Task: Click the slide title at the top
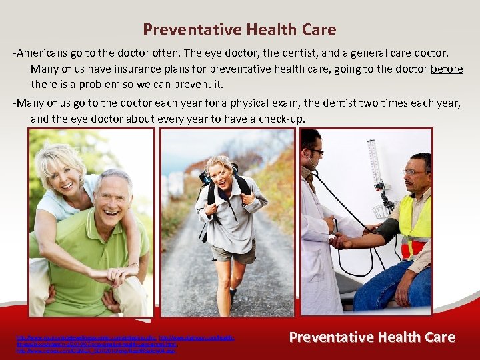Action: [239, 30]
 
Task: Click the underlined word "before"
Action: [447, 69]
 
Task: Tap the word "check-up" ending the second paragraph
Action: [282, 119]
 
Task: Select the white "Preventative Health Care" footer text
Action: [373, 337]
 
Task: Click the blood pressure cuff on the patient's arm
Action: [386, 230]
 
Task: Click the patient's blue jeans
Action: [387, 287]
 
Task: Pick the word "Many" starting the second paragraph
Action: [29, 103]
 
